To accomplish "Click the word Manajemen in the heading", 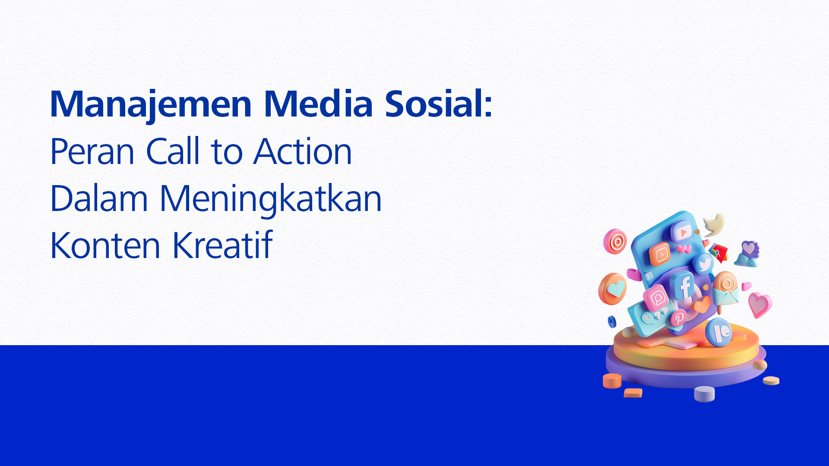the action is [151, 105].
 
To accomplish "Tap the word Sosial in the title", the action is [433, 104].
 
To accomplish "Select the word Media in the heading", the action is [318, 104].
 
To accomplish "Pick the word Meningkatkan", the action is [271, 200].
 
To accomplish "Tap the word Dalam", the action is [99, 198].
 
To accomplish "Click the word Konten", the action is [105, 246].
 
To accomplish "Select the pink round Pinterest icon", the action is [678, 318].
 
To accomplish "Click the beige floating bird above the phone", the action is [714, 224].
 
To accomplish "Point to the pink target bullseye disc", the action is [615, 241].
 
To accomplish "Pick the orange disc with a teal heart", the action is [612, 289].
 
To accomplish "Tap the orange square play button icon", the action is [661, 254].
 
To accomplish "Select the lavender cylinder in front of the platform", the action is [704, 394].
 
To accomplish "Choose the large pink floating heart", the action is [759, 305].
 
